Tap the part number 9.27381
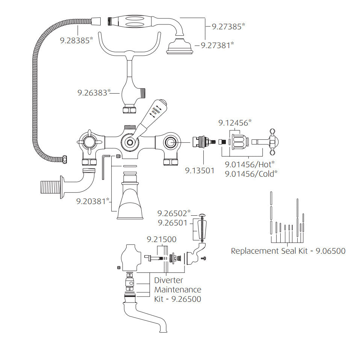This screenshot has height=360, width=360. tap(216, 45)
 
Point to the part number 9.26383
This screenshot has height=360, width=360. tap(92, 92)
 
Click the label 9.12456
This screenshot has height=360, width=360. tap(233, 123)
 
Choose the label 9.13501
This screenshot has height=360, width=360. tap(200, 171)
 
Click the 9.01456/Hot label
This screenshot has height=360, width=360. tap(248, 164)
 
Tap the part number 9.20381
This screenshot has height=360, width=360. tap(91, 201)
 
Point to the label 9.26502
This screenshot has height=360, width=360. tap(172, 213)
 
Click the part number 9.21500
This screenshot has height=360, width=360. tap(162, 239)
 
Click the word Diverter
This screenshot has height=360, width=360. tap(169, 280)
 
